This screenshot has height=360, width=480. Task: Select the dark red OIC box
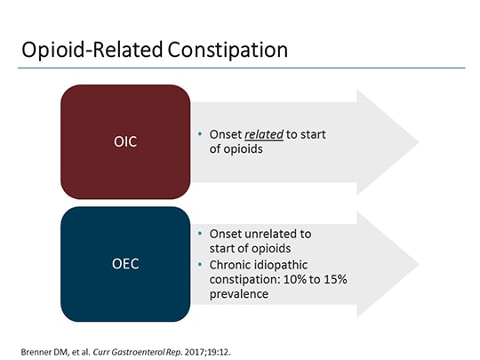click(x=125, y=141)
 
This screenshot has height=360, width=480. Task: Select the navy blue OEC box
click(x=125, y=264)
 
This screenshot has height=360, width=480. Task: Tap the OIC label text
click(x=125, y=141)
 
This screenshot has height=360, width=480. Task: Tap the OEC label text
click(x=125, y=264)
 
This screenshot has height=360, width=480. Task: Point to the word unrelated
click(x=268, y=233)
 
